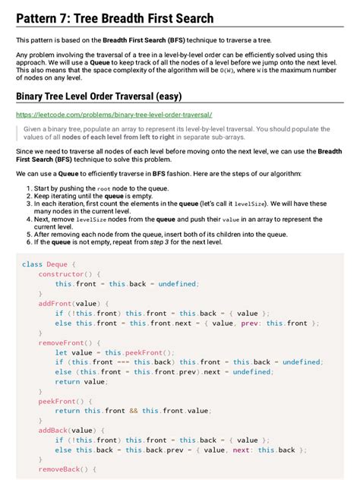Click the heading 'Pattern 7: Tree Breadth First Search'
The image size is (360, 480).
point(115,18)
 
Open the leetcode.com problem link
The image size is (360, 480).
point(114,115)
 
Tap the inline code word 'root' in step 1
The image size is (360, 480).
point(103,188)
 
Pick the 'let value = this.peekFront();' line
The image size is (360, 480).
point(114,352)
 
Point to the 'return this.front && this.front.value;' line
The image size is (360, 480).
point(132,411)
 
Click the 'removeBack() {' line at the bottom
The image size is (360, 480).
point(68,470)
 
